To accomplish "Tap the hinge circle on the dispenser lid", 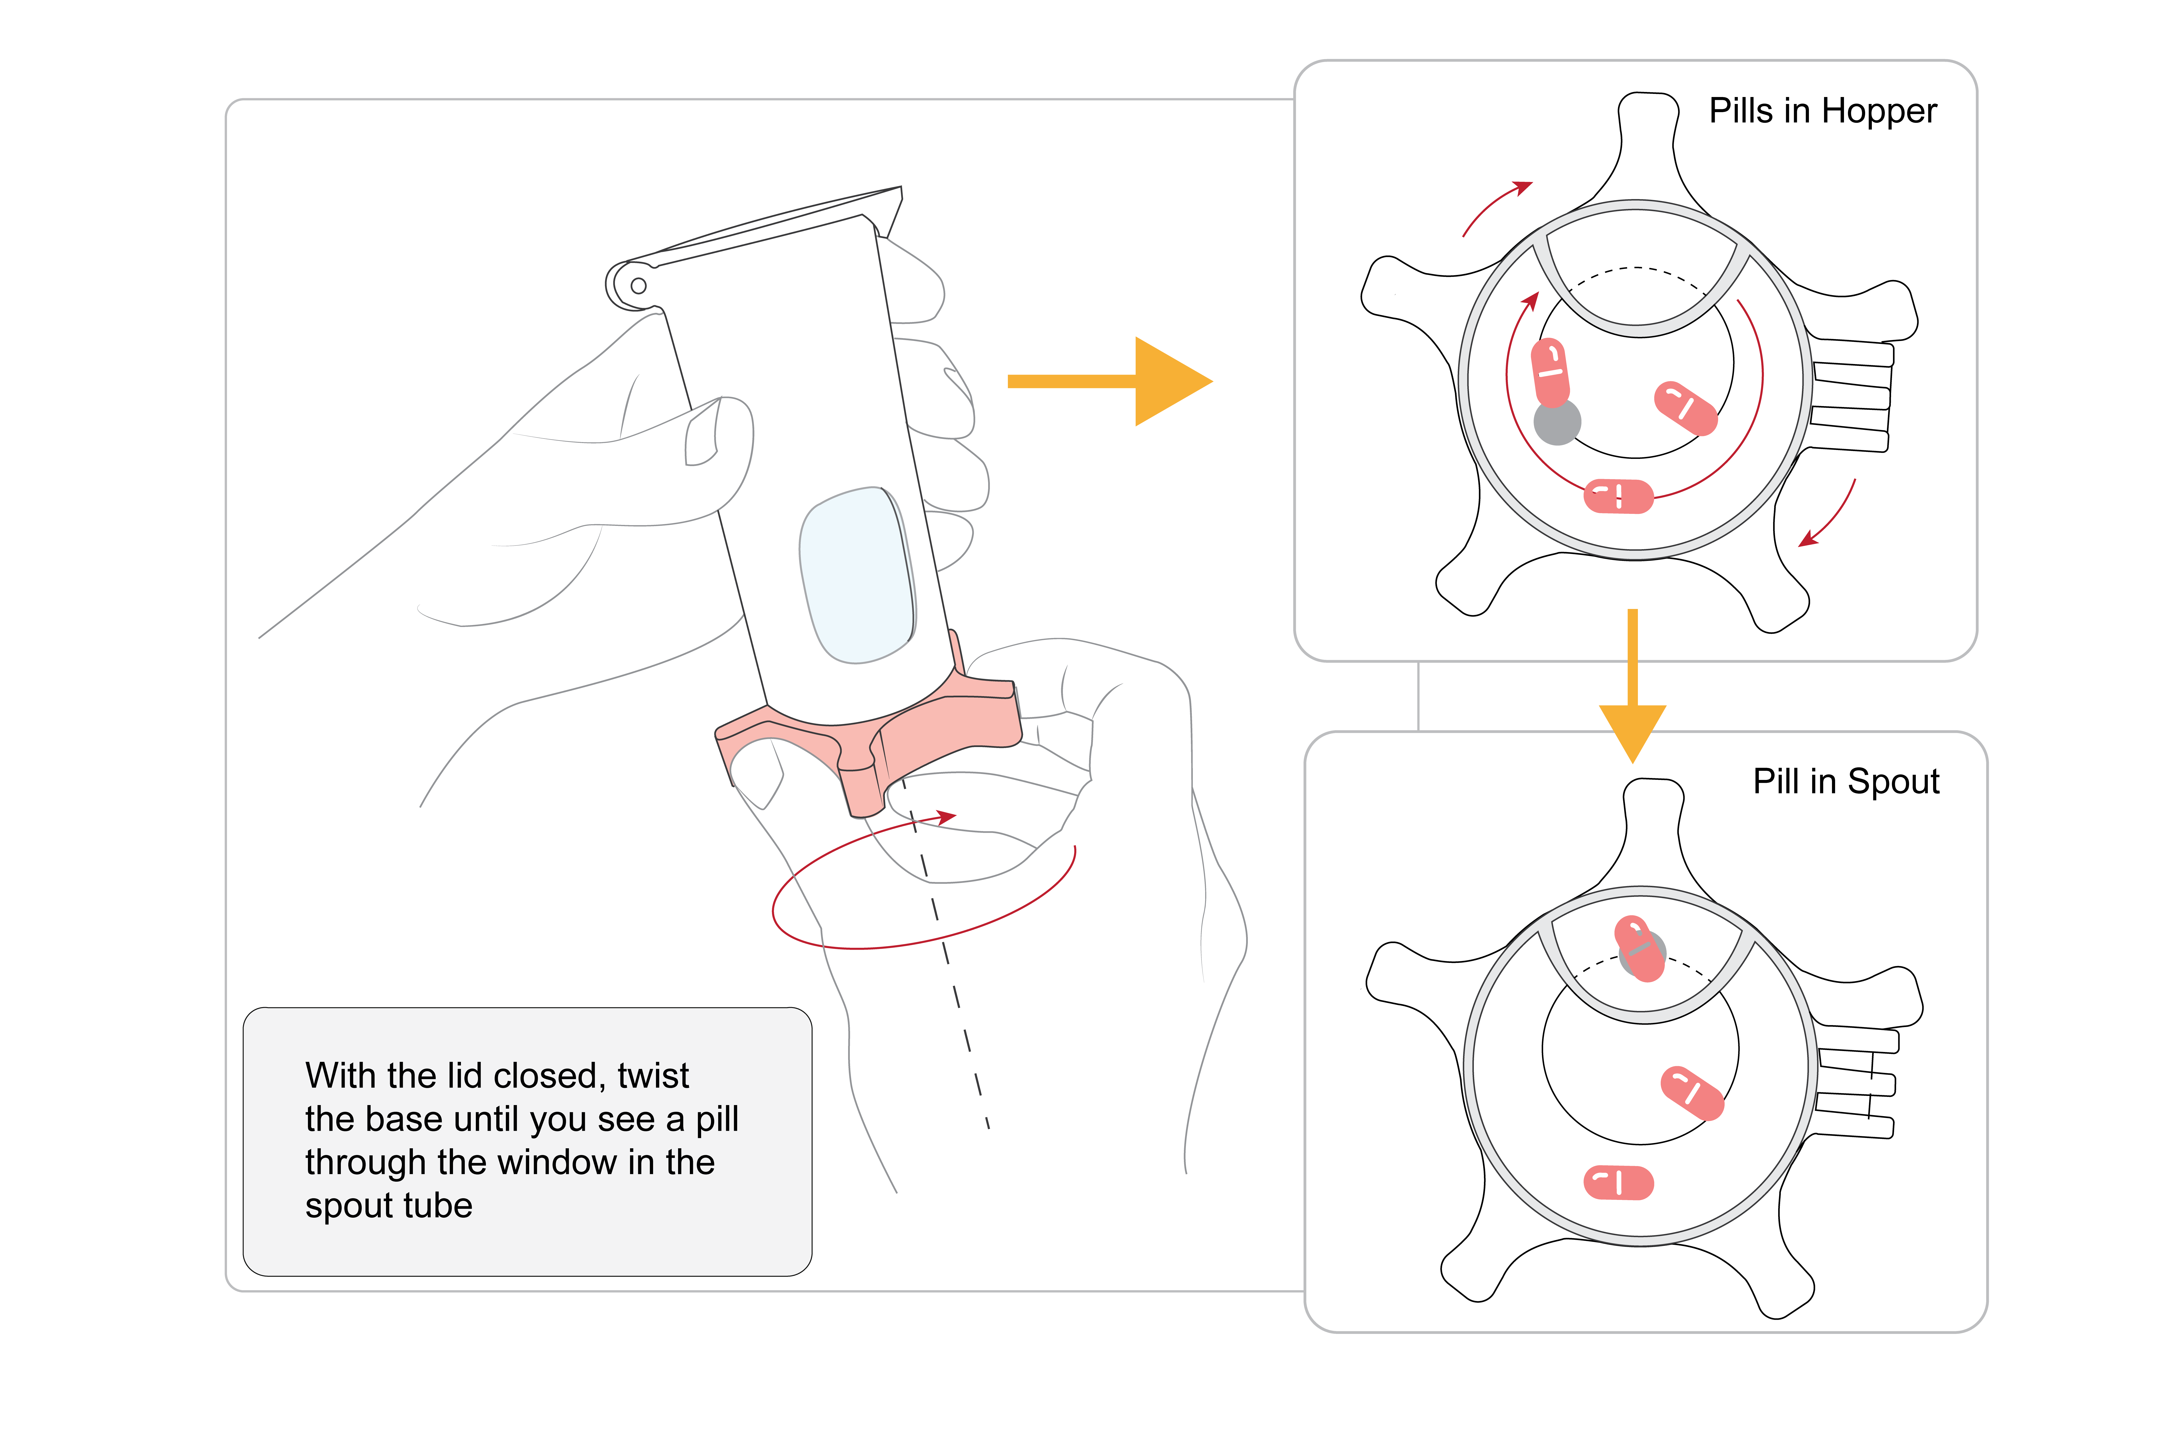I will (638, 286).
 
